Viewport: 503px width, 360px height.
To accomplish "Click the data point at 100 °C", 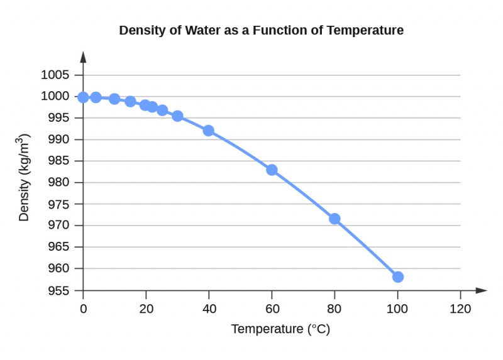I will click(397, 276).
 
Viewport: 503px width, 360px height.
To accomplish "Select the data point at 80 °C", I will click(334, 219).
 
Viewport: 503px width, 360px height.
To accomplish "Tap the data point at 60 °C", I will click(272, 170).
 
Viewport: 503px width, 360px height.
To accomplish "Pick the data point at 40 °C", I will click(208, 131).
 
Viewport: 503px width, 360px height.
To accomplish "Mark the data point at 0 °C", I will click(83, 97).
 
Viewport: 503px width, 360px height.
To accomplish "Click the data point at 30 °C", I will click(177, 116).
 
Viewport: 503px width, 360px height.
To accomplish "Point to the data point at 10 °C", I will click(114, 99).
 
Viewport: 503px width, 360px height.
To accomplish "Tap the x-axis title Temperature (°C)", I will click(280, 329).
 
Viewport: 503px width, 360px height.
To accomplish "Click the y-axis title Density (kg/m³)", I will click(25, 177).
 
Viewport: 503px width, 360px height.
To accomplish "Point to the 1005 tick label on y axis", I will click(55, 75).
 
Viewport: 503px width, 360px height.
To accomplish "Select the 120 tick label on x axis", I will click(460, 308).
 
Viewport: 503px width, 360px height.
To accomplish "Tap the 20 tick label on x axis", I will click(146, 308).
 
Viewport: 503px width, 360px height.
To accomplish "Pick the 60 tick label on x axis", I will click(272, 308).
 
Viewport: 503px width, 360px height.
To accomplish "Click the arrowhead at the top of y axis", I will click(83, 57).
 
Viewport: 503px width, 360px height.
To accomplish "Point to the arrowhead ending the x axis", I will click(482, 290).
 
